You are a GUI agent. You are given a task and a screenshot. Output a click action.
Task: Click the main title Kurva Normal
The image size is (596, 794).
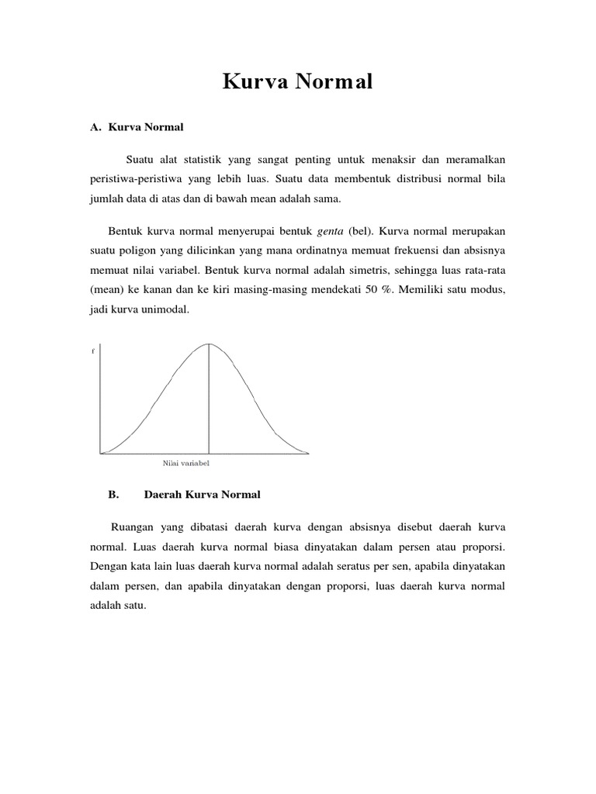pyautogui.click(x=298, y=81)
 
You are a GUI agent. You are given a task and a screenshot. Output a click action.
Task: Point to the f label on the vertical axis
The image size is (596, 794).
pyautogui.click(x=93, y=351)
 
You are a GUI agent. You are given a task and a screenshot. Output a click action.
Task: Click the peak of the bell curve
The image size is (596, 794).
pyautogui.click(x=208, y=343)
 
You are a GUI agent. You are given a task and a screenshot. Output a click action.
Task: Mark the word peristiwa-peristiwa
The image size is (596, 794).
pyautogui.click(x=135, y=178)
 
